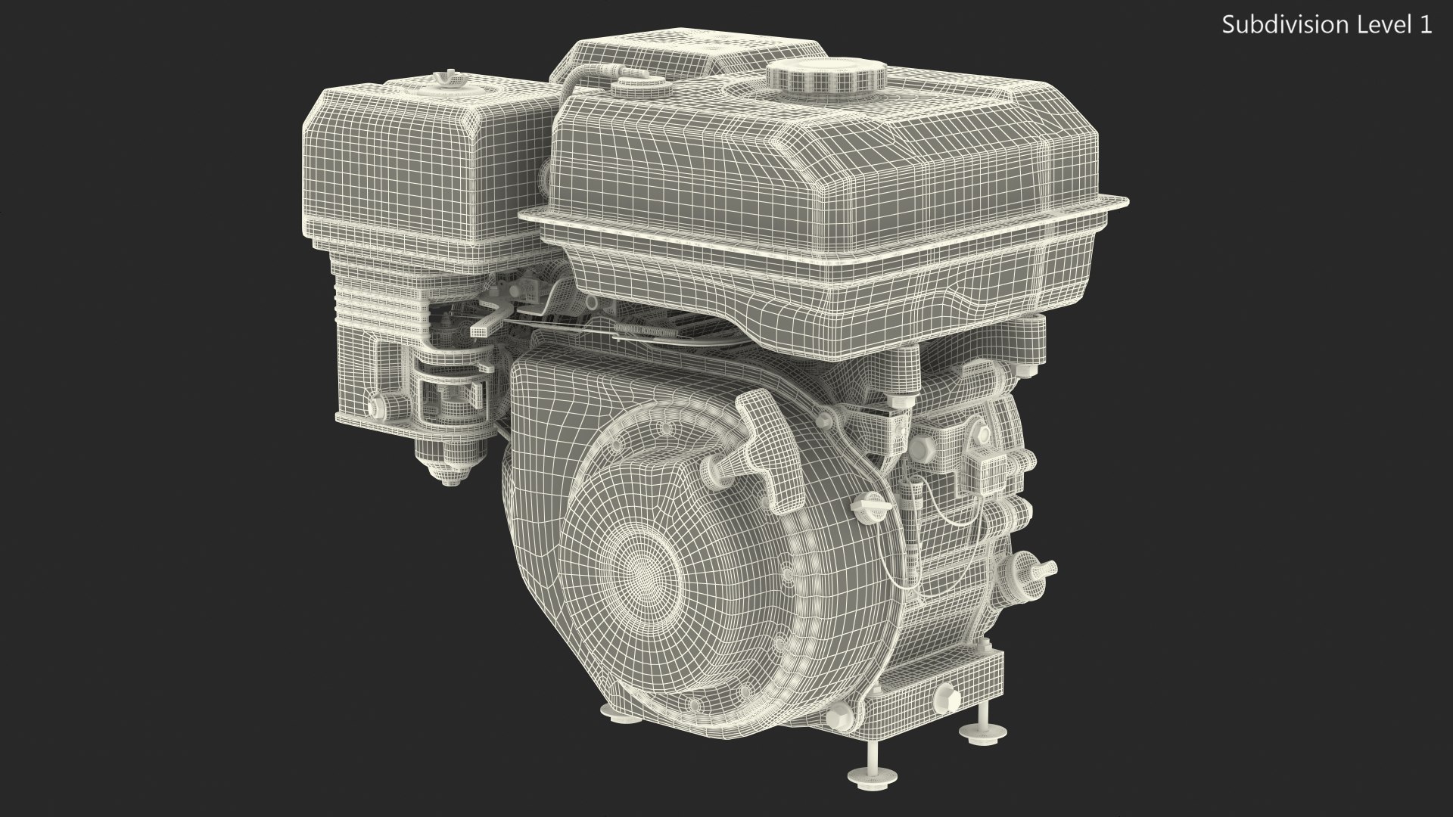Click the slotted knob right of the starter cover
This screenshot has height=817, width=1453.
[x=864, y=503]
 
